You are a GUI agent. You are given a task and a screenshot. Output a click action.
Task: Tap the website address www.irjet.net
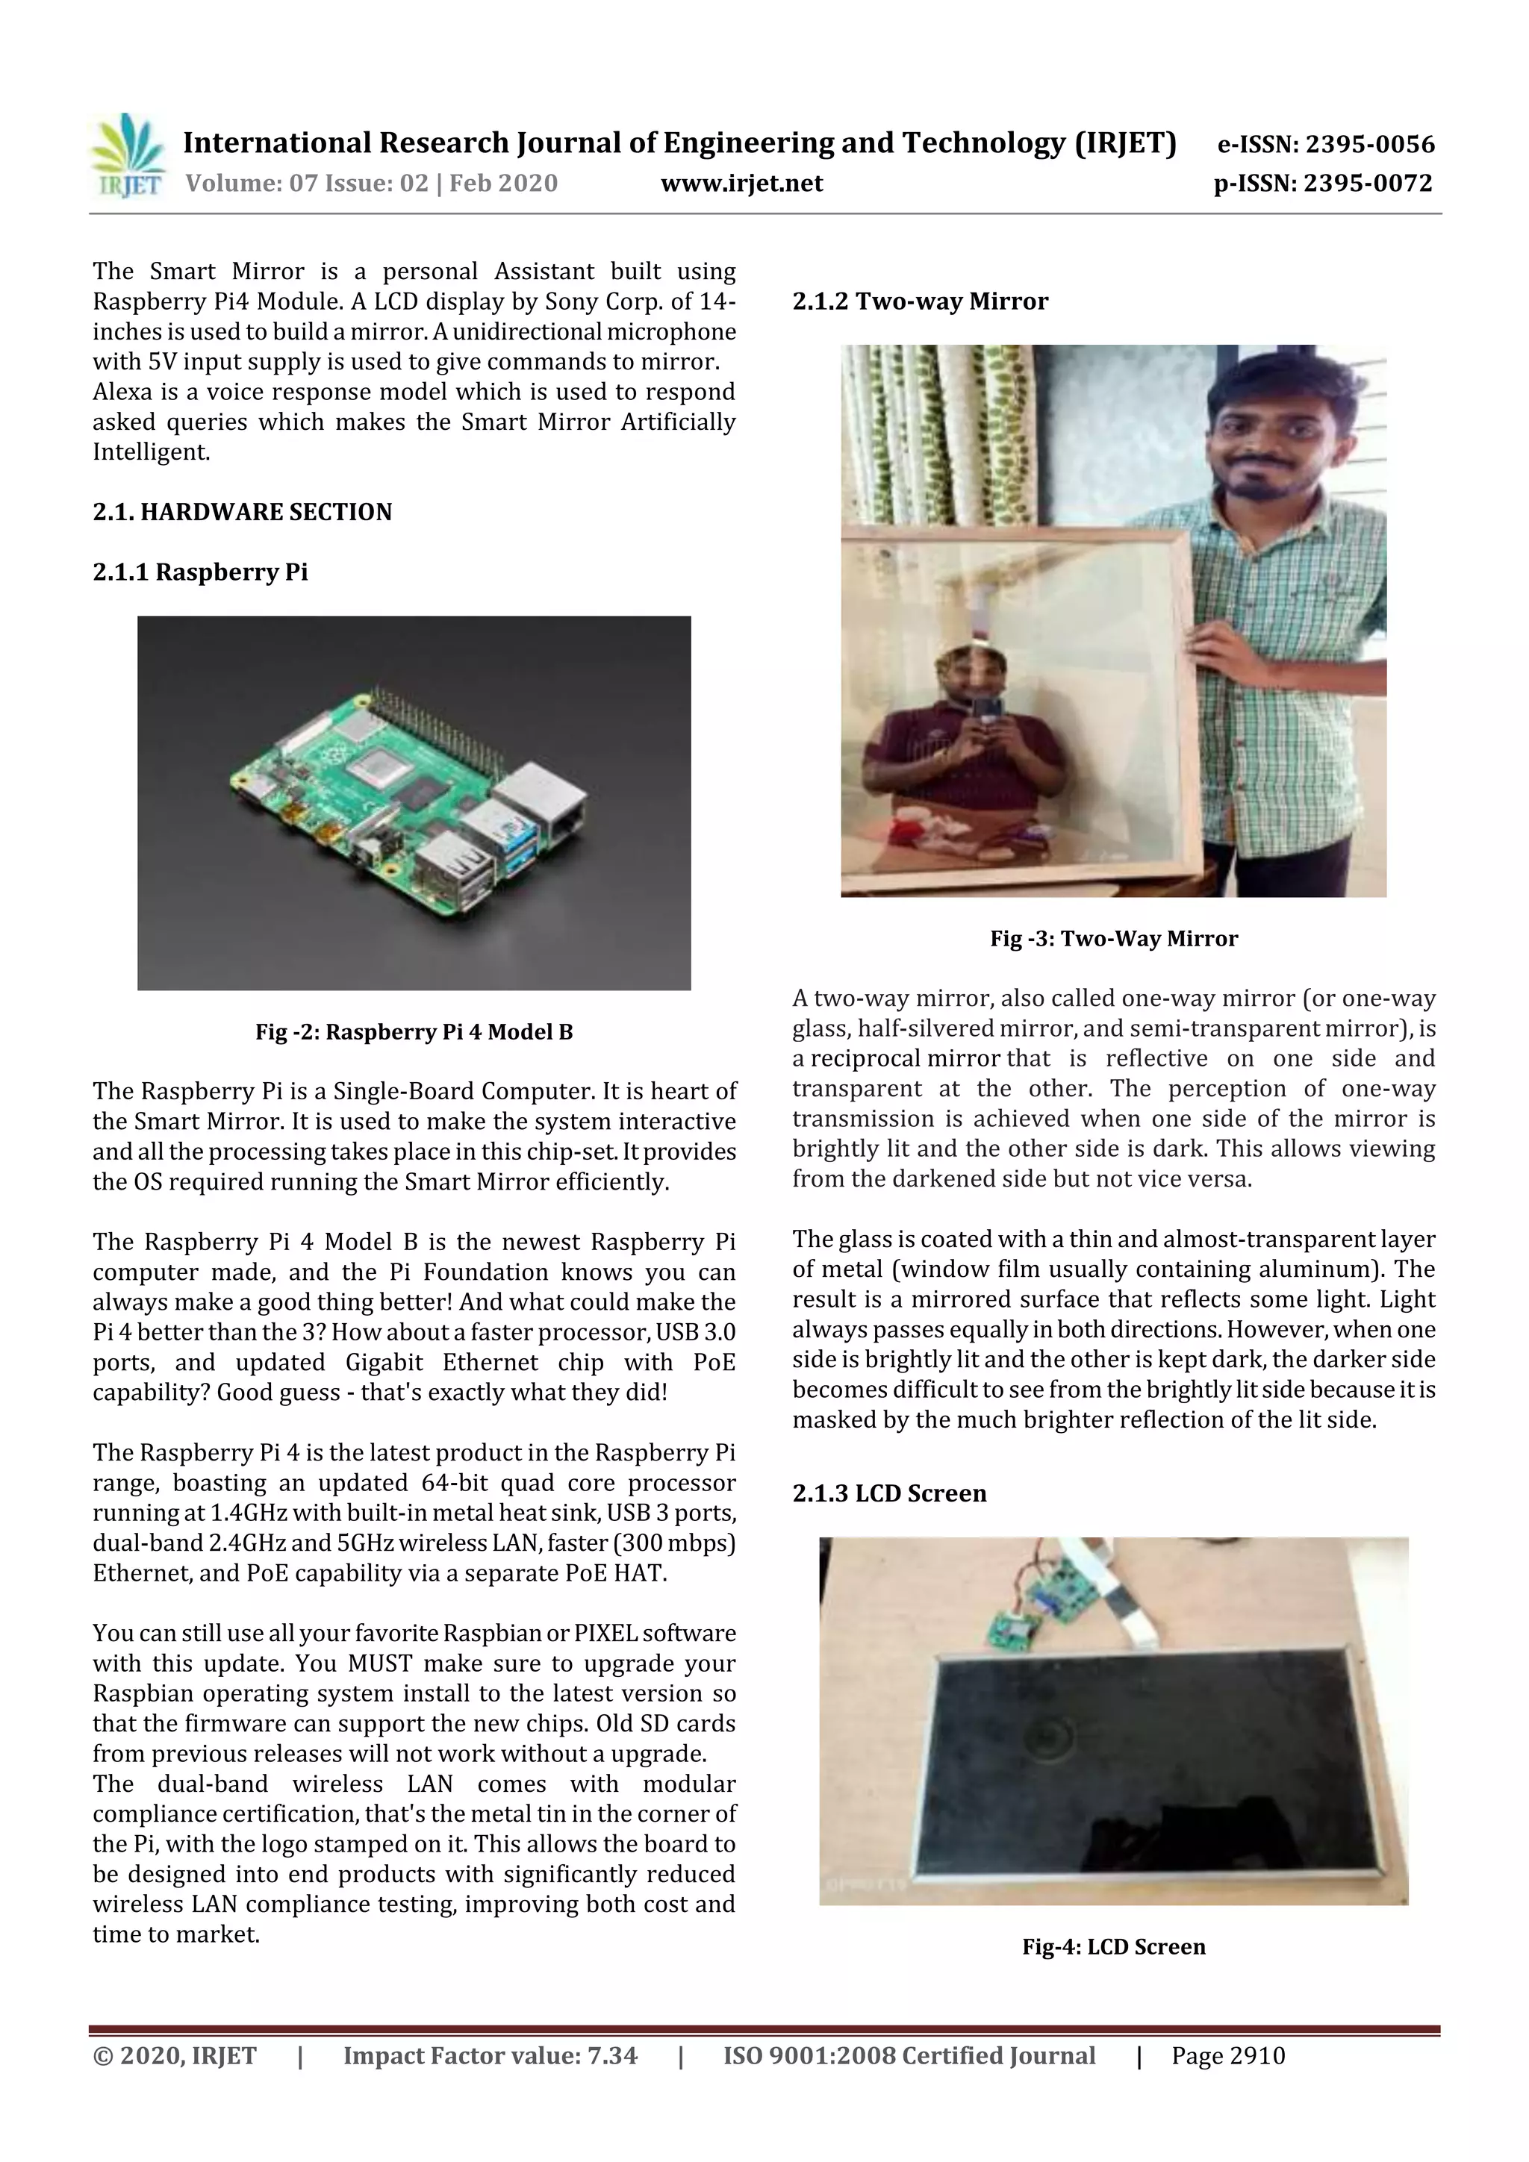(x=741, y=184)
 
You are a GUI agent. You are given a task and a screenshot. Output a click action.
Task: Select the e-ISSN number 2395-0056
(x=1368, y=144)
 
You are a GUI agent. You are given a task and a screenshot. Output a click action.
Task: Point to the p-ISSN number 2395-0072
(x=1368, y=184)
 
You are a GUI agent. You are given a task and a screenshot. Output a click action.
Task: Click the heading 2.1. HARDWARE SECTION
(x=242, y=512)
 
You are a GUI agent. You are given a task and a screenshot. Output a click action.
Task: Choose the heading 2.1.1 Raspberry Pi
(x=200, y=572)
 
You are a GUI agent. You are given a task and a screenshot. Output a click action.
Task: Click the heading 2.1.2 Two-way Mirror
(x=920, y=302)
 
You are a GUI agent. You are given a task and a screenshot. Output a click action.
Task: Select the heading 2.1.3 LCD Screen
(x=888, y=1493)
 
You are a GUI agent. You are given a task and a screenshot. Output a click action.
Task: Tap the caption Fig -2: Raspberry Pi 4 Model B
(x=414, y=1032)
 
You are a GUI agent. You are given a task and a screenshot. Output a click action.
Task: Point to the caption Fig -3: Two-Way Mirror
(x=1114, y=939)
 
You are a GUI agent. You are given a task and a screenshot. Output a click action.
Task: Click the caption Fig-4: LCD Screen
(x=1114, y=1947)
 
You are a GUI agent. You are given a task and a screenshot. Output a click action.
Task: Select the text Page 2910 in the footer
(x=1227, y=2055)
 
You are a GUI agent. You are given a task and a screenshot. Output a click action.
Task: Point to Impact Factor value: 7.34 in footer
(x=490, y=2055)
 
